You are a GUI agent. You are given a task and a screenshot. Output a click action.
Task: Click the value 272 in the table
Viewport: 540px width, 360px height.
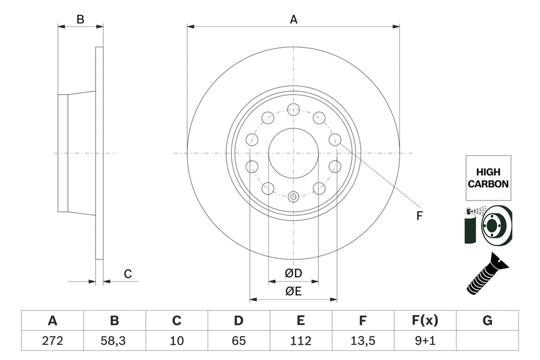(x=52, y=340)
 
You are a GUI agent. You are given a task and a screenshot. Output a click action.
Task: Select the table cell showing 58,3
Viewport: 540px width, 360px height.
(x=114, y=340)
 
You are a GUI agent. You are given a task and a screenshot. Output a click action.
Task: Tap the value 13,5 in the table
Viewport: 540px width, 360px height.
(x=363, y=340)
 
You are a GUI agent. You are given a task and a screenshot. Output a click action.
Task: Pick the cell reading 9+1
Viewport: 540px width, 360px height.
(x=425, y=340)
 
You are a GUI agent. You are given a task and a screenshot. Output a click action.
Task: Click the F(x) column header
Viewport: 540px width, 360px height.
(x=425, y=321)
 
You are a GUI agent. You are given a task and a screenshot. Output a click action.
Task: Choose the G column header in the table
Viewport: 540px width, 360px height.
(x=487, y=321)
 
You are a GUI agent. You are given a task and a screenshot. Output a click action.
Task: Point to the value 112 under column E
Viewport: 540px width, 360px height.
(x=301, y=340)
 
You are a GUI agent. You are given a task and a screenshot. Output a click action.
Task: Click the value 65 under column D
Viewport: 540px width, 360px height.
(x=238, y=340)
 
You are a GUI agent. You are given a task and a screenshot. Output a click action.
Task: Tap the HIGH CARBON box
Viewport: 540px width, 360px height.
(x=488, y=178)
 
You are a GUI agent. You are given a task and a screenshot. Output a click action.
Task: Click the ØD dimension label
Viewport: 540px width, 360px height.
(x=294, y=273)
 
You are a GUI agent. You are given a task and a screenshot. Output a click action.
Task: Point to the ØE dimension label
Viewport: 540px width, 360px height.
(x=294, y=291)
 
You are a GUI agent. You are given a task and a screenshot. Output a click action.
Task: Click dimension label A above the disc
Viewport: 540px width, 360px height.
(x=293, y=20)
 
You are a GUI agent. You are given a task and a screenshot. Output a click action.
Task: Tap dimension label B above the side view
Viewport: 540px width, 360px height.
(x=80, y=20)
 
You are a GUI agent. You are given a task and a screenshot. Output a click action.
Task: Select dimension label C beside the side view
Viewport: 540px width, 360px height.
(x=128, y=274)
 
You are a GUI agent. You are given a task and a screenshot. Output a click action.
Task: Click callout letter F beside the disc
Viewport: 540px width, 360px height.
(x=419, y=215)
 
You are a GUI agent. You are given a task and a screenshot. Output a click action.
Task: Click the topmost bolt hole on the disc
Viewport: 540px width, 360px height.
(x=293, y=110)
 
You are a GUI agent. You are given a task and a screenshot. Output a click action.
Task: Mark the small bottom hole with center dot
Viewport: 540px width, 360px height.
(x=293, y=197)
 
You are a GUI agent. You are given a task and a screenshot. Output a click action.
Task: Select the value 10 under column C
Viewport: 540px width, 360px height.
(x=177, y=340)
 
